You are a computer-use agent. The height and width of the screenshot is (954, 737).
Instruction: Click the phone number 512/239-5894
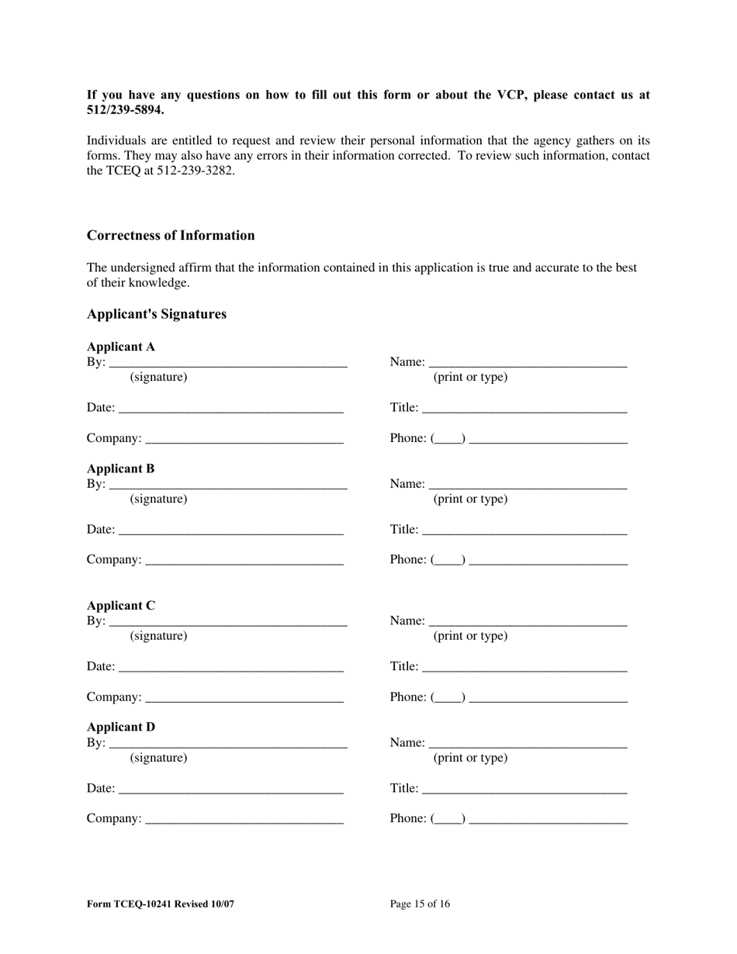click(125, 110)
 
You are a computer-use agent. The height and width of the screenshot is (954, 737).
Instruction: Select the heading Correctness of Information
click(171, 235)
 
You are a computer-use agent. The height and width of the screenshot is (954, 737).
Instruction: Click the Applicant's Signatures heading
click(157, 314)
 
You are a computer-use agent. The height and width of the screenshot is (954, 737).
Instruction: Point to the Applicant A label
click(121, 347)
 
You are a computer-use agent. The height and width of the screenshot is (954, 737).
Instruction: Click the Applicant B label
click(121, 468)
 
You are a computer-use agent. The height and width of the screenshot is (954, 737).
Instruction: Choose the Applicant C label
click(121, 606)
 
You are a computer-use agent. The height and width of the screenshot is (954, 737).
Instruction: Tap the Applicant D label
click(121, 727)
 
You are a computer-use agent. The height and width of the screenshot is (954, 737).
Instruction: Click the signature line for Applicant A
click(228, 363)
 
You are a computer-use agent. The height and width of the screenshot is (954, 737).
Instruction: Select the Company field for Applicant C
click(244, 698)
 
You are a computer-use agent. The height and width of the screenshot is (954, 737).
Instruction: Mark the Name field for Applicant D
click(528, 744)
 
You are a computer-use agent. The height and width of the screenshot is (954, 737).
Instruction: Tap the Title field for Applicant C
click(524, 668)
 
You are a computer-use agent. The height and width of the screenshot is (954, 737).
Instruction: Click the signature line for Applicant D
click(228, 744)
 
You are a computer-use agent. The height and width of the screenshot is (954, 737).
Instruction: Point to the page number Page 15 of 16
click(420, 904)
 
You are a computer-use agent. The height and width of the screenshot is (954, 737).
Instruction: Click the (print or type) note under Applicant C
click(470, 636)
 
